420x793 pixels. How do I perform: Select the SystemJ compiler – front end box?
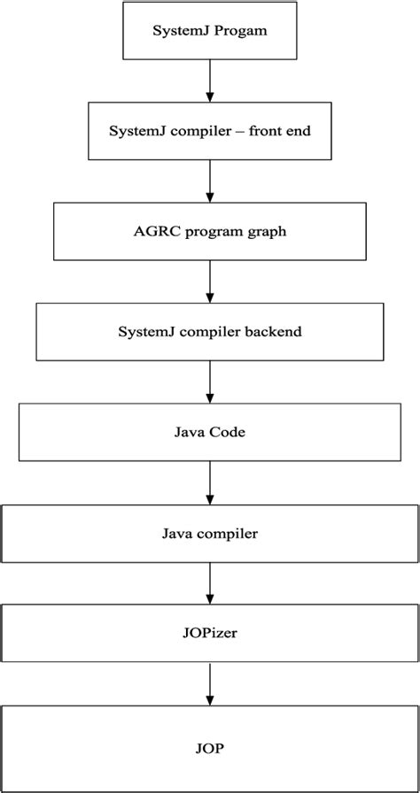[210, 131]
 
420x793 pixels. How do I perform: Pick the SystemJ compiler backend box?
[210, 332]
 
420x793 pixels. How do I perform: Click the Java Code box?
[210, 433]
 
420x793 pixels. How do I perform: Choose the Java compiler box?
[210, 534]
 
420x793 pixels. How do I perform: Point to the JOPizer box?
[210, 633]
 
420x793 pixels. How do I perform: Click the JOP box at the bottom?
[210, 747]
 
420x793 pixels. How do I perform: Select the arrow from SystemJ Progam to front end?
[210, 82]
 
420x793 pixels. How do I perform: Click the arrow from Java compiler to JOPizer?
[210, 583]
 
